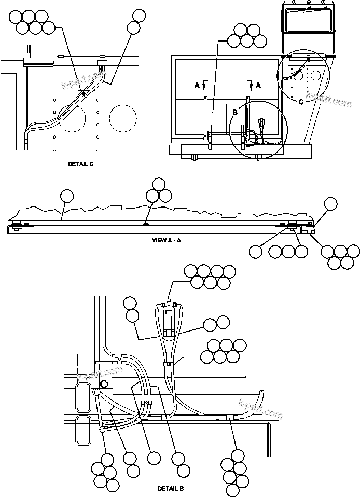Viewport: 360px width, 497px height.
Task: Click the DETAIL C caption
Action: coord(80,164)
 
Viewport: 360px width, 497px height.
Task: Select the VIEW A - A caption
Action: coord(166,240)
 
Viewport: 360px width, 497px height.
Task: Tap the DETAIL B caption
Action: coord(171,489)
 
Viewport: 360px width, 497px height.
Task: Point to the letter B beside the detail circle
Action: coord(234,111)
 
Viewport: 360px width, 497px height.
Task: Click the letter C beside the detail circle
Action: coord(301,100)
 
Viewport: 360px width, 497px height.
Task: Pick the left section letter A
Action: coord(197,86)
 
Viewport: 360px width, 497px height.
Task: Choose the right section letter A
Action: coord(258,84)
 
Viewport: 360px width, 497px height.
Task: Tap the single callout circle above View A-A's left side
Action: coord(67,196)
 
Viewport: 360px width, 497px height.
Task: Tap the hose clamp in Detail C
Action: coord(83,94)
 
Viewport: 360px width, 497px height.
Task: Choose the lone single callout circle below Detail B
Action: coord(153,458)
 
